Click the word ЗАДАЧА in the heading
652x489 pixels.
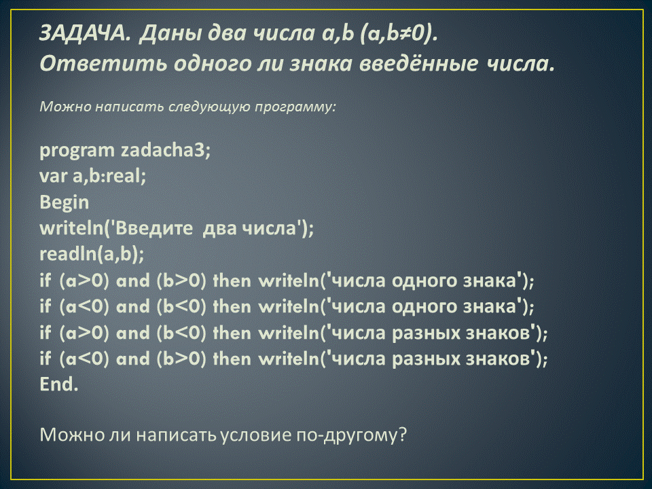click(85, 33)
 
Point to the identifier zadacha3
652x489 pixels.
click(166, 150)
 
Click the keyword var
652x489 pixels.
click(53, 176)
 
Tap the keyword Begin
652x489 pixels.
click(64, 202)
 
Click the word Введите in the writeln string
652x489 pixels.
click(154, 228)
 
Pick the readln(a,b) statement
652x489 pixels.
click(92, 254)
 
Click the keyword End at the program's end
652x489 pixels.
click(58, 384)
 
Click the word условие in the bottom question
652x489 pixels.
click(255, 435)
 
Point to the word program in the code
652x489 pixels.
click(77, 151)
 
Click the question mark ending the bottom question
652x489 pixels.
click(401, 435)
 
